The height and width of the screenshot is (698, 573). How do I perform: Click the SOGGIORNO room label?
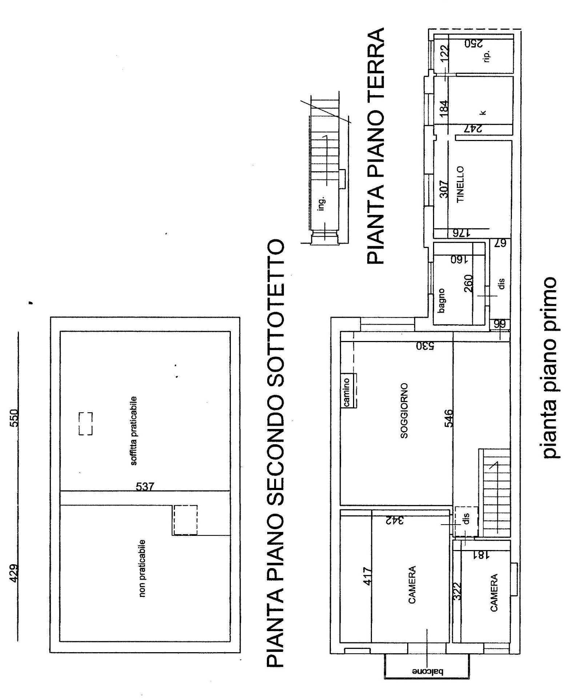404,411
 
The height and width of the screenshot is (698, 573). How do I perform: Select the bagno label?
441,301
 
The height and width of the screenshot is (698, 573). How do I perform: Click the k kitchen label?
483,113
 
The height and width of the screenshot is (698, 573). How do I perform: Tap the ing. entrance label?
321,204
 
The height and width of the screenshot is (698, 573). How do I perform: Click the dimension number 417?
368,577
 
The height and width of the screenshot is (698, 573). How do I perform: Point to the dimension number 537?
145,486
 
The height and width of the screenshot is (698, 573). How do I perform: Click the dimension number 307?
443,189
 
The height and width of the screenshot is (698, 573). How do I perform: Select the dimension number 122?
444,53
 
